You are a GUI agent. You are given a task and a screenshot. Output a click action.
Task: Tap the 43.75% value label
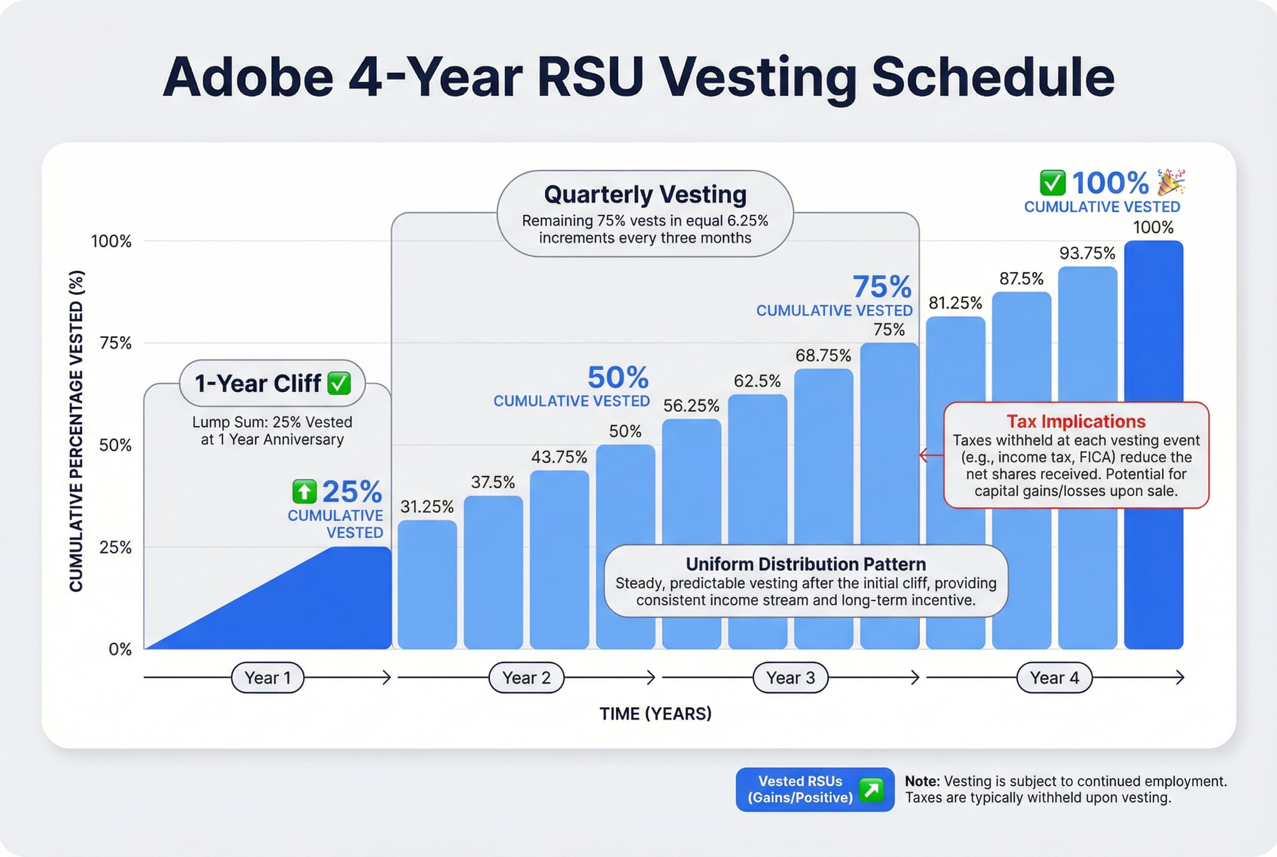(559, 457)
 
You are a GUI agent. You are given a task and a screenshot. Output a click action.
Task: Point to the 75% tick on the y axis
(115, 343)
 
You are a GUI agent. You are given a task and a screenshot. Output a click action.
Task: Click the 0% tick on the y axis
(120, 649)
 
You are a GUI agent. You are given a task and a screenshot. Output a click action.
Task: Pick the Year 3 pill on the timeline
(790, 678)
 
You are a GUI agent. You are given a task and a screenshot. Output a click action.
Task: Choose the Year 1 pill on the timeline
(267, 678)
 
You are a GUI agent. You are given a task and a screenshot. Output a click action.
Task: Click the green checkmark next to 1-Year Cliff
(339, 383)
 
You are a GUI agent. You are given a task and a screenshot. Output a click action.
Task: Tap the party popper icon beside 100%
(1171, 182)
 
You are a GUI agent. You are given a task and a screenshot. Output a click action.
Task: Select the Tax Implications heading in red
(1075, 421)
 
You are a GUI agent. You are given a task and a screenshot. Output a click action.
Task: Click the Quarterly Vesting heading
(645, 195)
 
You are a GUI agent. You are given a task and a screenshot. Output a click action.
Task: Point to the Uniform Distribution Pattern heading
(805, 563)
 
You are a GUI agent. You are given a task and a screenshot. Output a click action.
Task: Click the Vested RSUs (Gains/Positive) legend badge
(814, 789)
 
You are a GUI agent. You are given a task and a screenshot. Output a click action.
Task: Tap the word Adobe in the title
(249, 78)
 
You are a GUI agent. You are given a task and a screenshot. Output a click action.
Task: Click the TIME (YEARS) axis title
(655, 714)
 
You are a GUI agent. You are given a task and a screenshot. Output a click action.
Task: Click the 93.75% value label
(1087, 253)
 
